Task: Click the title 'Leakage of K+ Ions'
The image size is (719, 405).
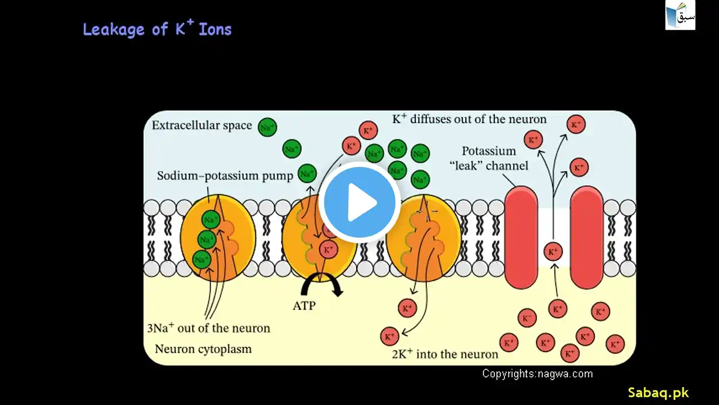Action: coord(157,29)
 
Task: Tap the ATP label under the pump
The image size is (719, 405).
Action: coord(304,306)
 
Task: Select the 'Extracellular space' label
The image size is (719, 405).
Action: coord(202,125)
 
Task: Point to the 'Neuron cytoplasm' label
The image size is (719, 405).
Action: coord(203,349)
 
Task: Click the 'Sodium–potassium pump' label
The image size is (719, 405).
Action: coord(225,176)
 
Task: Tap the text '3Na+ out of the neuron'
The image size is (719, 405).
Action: coord(208,327)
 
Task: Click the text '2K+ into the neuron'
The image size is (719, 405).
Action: coord(445,354)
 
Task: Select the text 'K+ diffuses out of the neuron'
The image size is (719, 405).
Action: coord(469,119)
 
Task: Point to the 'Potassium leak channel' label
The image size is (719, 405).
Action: coord(494,158)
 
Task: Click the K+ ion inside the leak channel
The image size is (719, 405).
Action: coord(553,252)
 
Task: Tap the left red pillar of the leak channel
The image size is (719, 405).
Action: coord(521,237)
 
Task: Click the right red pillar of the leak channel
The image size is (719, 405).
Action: coord(587,237)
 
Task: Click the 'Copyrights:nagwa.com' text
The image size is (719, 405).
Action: coord(537,373)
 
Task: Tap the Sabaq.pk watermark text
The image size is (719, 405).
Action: coord(658,393)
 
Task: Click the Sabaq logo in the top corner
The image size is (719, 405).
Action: coord(680,15)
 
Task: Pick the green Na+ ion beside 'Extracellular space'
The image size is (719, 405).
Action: coord(267,128)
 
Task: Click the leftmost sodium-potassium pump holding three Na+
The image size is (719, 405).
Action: coord(218,237)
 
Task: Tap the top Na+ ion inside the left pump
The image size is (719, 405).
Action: coord(211,219)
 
